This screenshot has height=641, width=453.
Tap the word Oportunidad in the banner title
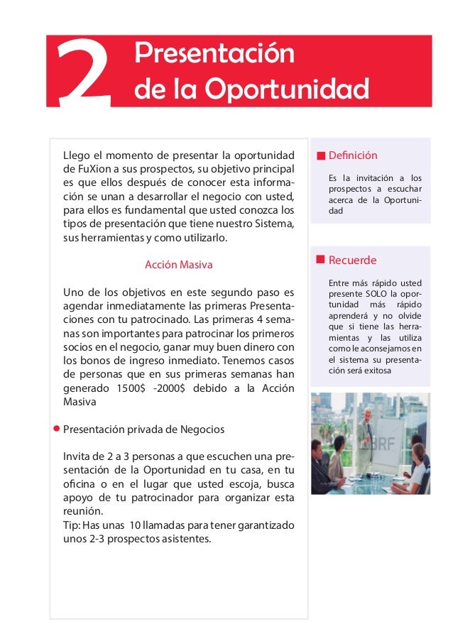point(288,90)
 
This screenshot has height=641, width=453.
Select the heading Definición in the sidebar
point(353,155)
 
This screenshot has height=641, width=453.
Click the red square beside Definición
point(321,155)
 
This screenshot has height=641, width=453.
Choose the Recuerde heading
point(352,260)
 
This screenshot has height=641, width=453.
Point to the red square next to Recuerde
point(321,260)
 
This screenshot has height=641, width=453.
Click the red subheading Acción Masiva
point(179,265)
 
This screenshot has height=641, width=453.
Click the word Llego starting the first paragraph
point(76,155)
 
